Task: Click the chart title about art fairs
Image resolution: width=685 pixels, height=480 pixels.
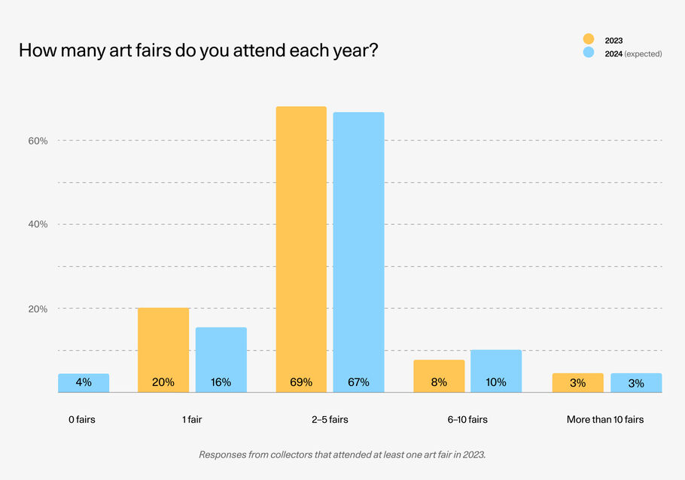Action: point(197,51)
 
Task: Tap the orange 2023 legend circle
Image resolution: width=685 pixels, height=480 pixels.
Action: point(589,39)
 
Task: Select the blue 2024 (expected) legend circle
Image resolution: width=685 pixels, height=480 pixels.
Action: point(589,53)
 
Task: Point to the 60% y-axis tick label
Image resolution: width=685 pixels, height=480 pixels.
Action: point(38,141)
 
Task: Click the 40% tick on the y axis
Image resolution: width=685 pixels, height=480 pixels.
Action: point(38,224)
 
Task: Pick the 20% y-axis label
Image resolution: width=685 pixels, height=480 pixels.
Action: point(38,308)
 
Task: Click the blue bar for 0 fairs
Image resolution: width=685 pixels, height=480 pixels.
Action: point(84,383)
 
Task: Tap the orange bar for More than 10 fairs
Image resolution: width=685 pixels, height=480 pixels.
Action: point(577,382)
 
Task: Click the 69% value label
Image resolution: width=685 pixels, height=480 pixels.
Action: point(301,382)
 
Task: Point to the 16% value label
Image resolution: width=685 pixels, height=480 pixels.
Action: point(221,382)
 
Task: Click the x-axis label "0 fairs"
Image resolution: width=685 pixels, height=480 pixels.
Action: point(82,419)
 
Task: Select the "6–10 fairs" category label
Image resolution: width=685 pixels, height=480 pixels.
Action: point(467,419)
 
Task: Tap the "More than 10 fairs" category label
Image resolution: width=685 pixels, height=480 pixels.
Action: point(605,419)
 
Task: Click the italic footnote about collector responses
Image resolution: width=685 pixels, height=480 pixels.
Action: point(342,454)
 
